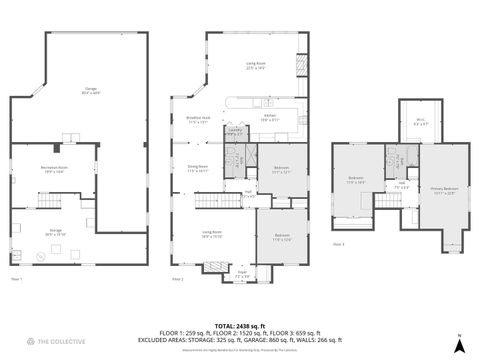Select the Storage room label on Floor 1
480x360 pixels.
click(x=55, y=232)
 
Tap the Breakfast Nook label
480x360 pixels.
click(x=198, y=118)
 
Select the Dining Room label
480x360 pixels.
click(x=197, y=169)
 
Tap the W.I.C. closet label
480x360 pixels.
click(x=419, y=123)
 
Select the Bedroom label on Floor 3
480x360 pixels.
click(x=356, y=180)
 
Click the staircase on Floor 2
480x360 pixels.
click(x=208, y=201)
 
